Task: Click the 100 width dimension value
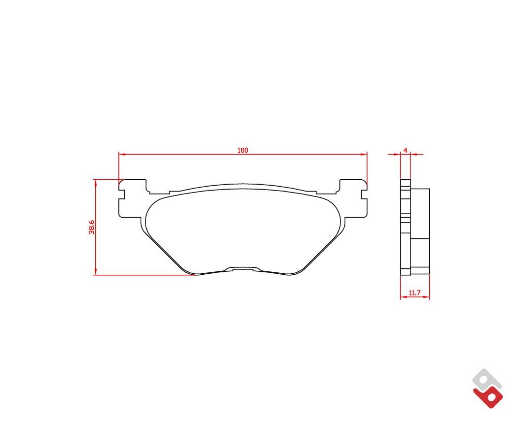tap(243, 150)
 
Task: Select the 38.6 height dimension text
tap(92, 227)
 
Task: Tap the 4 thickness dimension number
tap(405, 150)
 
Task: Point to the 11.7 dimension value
tap(415, 293)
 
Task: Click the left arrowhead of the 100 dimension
tap(122, 154)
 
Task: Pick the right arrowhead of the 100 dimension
tap(364, 154)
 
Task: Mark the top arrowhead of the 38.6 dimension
tap(96, 183)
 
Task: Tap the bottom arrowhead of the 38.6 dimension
tap(96, 272)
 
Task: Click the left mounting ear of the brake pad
tap(133, 198)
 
